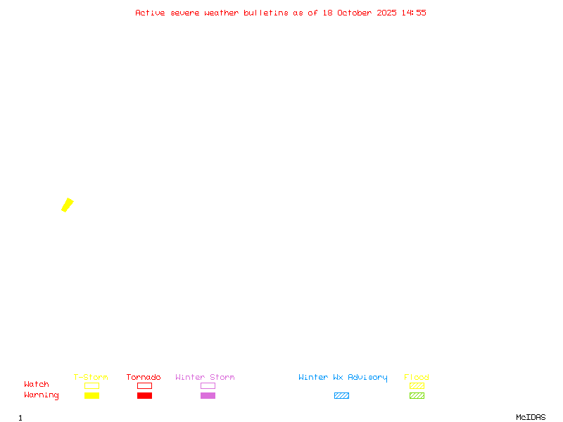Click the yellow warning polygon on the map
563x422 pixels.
coord(68,205)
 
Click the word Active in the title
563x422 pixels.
coord(150,13)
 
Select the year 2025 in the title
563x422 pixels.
coord(386,13)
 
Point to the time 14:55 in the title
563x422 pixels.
coord(414,13)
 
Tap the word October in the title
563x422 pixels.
coord(355,13)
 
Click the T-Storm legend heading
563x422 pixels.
coord(91,377)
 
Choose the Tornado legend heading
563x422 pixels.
coord(144,377)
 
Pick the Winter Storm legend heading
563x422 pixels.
coord(205,377)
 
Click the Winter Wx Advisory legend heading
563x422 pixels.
coord(343,378)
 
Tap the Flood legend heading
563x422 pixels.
coord(417,377)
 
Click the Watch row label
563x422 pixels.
coord(37,384)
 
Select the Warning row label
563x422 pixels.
coord(42,395)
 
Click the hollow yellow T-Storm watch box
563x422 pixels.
coord(92,385)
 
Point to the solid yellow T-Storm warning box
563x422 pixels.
coord(92,395)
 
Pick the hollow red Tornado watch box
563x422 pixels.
coord(145,385)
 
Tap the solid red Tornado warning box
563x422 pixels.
coord(145,395)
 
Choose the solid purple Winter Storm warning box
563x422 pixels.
coord(208,395)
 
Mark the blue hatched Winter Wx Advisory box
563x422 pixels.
coord(341,395)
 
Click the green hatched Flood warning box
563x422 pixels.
coord(417,395)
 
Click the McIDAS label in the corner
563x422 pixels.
coord(531,417)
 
